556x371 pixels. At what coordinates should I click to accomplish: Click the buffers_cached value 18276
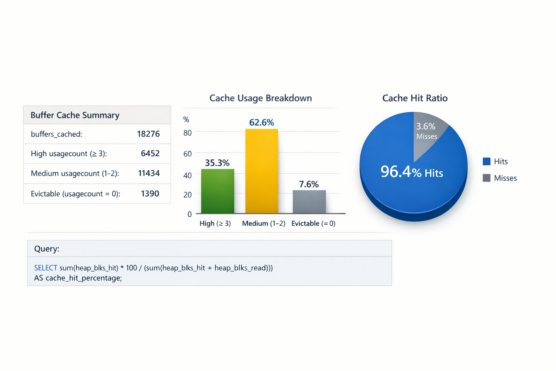[x=148, y=134]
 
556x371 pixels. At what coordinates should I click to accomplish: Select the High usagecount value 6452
[x=150, y=154]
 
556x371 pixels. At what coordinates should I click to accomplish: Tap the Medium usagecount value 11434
[x=149, y=173]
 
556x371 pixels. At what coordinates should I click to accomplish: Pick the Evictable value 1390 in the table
[x=150, y=193]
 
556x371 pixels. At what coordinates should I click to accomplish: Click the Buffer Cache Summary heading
[x=75, y=115]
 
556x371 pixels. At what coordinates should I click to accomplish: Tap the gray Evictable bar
[x=309, y=202]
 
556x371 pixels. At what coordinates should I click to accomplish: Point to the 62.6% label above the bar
[x=262, y=122]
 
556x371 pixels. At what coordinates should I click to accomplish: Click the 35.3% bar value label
[x=217, y=163]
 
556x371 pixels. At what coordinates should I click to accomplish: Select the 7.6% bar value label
[x=309, y=184]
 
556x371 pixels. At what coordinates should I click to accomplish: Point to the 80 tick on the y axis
[x=188, y=133]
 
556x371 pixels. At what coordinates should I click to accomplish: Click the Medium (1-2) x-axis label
[x=264, y=224]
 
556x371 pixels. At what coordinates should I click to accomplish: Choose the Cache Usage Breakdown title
[x=261, y=98]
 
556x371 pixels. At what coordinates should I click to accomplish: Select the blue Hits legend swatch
[x=486, y=162]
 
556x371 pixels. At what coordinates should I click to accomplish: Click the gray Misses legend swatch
[x=486, y=178]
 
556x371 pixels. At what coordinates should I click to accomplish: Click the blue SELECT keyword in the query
[x=46, y=268]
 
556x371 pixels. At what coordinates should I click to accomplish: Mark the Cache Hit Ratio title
[x=415, y=98]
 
